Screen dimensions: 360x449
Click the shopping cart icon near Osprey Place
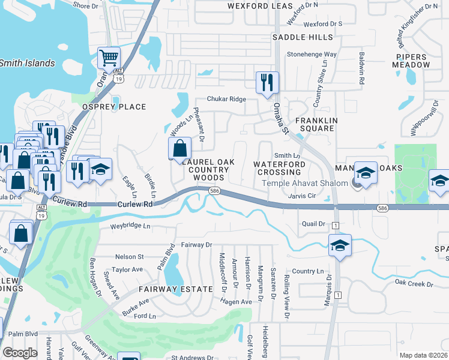pos(109,58)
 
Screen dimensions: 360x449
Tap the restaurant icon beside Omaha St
pos(267,82)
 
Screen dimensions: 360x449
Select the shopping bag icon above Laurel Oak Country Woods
pos(179,148)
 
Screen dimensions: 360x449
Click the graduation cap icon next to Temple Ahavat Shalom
pos(365,173)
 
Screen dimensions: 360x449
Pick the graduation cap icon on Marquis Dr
pos(340,245)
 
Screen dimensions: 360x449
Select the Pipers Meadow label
pos(412,60)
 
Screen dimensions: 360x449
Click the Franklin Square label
pos(312,124)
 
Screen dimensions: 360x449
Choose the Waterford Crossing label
pos(280,168)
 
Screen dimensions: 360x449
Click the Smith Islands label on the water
pos(27,63)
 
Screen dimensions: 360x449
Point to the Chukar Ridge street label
pos(226,99)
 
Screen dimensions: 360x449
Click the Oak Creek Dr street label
pos(414,283)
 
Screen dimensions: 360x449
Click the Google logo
pos(20,353)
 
